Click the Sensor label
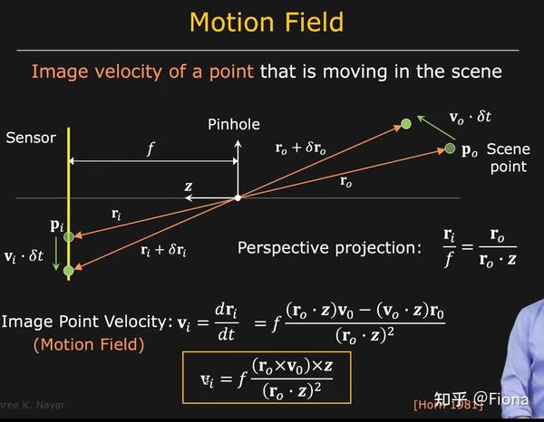tap(31, 138)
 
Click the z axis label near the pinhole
tap(189, 187)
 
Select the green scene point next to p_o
tap(450, 148)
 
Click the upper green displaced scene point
tap(406, 123)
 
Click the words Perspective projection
tap(329, 246)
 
